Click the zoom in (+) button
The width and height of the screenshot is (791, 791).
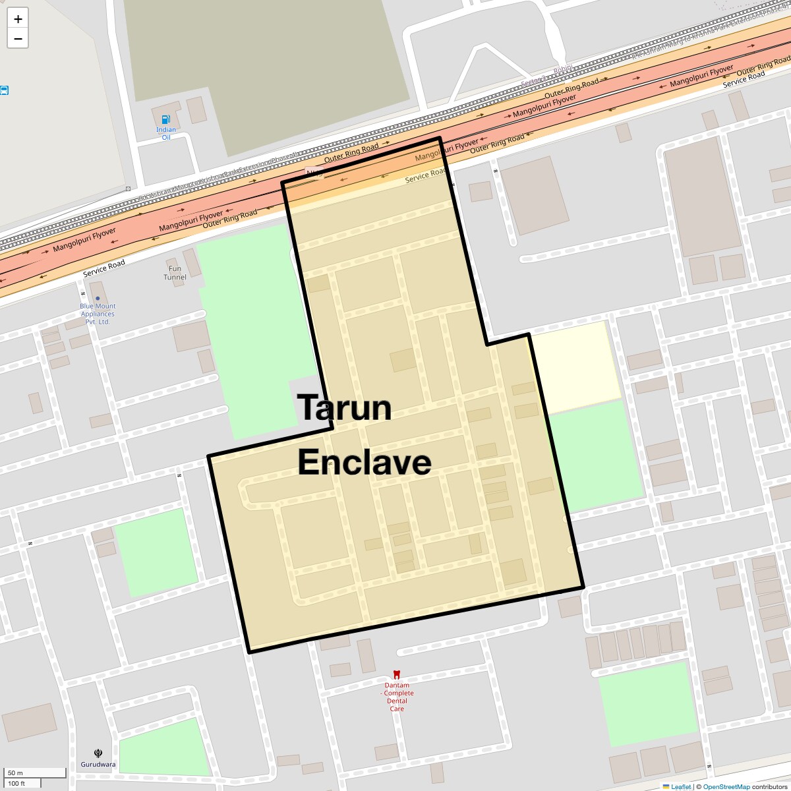pyautogui.click(x=18, y=18)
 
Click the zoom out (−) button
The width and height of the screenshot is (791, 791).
pyautogui.click(x=18, y=39)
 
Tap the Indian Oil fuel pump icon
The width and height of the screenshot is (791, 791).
pyautogui.click(x=166, y=119)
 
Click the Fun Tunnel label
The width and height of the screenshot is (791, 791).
pyautogui.click(x=175, y=273)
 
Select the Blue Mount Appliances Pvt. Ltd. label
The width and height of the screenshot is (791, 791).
pyautogui.click(x=98, y=314)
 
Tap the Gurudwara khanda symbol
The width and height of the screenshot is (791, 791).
pyautogui.click(x=98, y=753)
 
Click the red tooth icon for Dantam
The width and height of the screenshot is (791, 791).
pyautogui.click(x=397, y=674)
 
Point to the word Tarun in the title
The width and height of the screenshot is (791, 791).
pyautogui.click(x=344, y=407)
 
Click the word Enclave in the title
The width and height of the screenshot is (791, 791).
pyautogui.click(x=365, y=463)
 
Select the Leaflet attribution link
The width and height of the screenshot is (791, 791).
pyautogui.click(x=680, y=786)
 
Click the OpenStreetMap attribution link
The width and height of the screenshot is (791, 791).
pyautogui.click(x=726, y=786)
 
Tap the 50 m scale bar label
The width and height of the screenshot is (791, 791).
pyautogui.click(x=16, y=773)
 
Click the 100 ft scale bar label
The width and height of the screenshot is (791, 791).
pyautogui.click(x=17, y=783)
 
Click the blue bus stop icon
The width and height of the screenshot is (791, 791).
pyautogui.click(x=4, y=90)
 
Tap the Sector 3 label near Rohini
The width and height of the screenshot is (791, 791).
pyautogui.click(x=533, y=80)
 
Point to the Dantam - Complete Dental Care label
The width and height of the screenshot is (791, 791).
pyautogui.click(x=397, y=697)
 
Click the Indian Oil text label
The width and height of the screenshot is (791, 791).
pyautogui.click(x=166, y=133)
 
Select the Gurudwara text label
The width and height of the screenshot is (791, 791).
pyautogui.click(x=98, y=765)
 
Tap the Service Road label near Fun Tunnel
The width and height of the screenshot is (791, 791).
pyautogui.click(x=104, y=268)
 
